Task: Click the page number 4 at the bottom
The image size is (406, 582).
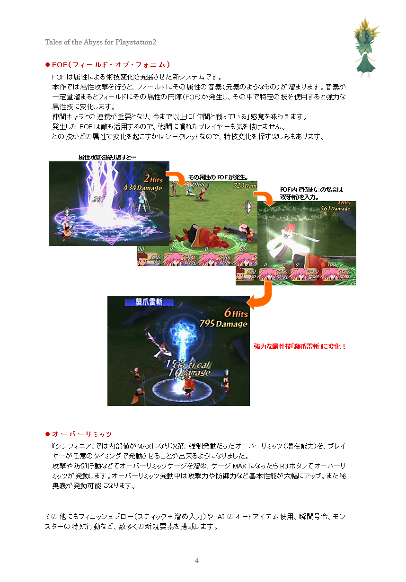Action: [x=197, y=561]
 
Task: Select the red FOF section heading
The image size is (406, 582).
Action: [x=111, y=64]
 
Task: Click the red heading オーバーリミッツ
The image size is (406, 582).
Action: [x=82, y=434]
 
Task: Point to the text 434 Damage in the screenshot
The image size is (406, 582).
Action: [x=142, y=188]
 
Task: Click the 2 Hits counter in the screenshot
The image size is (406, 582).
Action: [x=152, y=178]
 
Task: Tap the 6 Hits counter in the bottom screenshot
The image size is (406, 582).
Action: [x=236, y=313]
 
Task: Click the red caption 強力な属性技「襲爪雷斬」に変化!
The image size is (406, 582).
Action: [x=300, y=346]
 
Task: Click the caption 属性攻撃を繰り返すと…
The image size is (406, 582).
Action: [x=107, y=157]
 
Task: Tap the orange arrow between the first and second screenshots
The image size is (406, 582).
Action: [x=177, y=178]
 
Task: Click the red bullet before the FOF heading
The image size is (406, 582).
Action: [x=47, y=64]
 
